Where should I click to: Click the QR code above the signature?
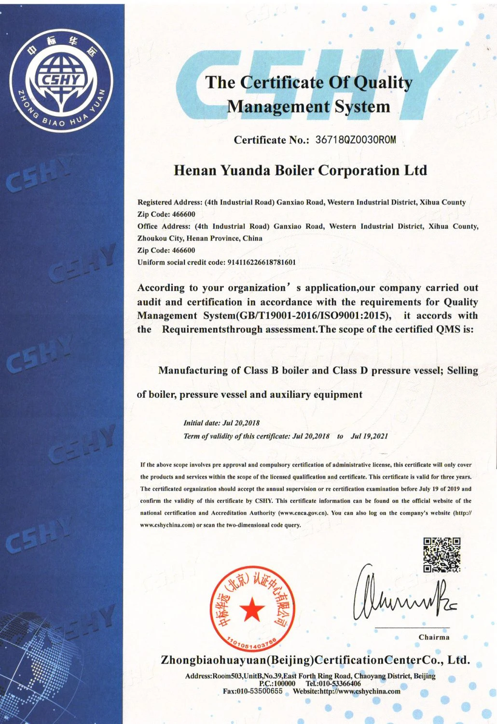[442, 555]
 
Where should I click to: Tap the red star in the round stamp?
[252, 609]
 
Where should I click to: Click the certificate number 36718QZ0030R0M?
[355, 140]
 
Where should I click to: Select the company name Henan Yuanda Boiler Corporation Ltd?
[300, 170]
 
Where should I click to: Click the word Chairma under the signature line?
[434, 637]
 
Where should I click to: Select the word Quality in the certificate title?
[383, 83]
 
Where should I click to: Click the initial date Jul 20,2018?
[241, 423]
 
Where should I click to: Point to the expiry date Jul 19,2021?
[369, 436]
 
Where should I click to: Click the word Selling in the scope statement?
[462, 371]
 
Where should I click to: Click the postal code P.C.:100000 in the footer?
[277, 683]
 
